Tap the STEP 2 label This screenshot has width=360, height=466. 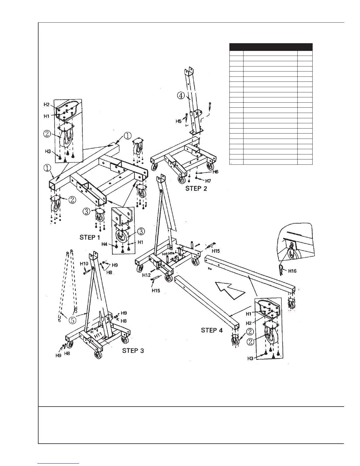pyautogui.click(x=196, y=189)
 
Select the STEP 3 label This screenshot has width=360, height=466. pyautogui.click(x=133, y=351)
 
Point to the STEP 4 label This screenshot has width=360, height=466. pyautogui.click(x=212, y=330)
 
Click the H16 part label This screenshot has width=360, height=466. pyautogui.click(x=292, y=271)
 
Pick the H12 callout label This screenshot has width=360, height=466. pyautogui.click(x=146, y=275)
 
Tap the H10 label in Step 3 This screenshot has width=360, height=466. pyautogui.click(x=84, y=264)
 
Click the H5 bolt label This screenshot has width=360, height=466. pyautogui.click(x=179, y=121)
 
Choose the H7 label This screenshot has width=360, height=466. pyautogui.click(x=208, y=181)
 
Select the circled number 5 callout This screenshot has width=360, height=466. pyautogui.click(x=73, y=320)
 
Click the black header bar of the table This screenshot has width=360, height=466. pyautogui.click(x=271, y=47)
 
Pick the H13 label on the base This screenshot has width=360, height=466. pyautogui.click(x=165, y=254)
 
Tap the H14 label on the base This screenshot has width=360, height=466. pyautogui.click(x=171, y=253)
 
